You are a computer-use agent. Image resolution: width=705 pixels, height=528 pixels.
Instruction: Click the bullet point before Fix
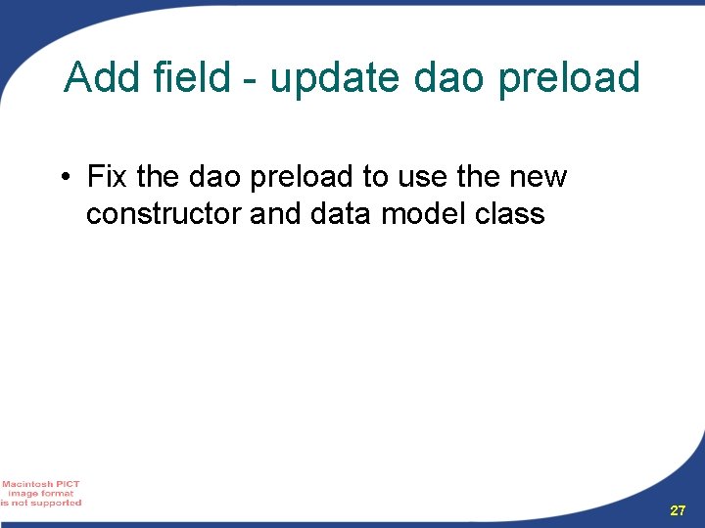(63, 178)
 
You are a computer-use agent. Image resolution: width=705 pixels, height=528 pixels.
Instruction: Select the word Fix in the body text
(108, 177)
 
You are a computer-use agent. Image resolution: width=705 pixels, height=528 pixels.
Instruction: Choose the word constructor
(164, 214)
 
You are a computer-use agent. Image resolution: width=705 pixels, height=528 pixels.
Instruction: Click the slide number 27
(678, 511)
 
